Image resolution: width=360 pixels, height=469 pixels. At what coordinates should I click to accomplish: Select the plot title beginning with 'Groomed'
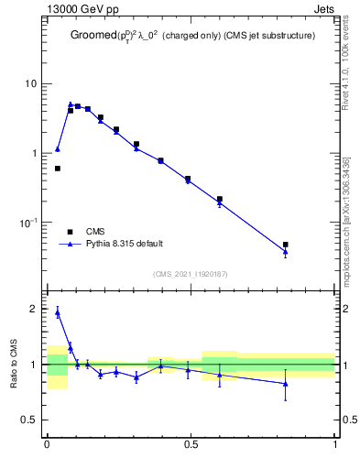pyautogui.click(x=194, y=37)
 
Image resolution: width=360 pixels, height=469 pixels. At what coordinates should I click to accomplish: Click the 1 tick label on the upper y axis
pyautogui.click(x=34, y=153)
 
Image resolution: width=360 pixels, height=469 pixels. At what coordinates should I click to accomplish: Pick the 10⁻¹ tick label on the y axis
pyautogui.click(x=29, y=223)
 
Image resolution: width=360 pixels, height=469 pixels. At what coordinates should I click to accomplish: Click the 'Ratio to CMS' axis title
pyautogui.click(x=14, y=365)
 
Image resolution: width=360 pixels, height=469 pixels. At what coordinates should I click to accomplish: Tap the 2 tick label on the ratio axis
pyautogui.click(x=35, y=309)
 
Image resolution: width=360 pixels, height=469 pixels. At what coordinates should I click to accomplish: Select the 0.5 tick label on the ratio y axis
pyautogui.click(x=30, y=420)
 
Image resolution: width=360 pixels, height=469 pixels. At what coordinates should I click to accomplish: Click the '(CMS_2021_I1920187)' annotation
pyautogui.click(x=191, y=273)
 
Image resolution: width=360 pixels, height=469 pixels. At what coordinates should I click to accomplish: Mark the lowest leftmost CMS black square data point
pyautogui.click(x=58, y=169)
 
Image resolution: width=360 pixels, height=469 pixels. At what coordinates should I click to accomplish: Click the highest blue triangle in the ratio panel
pyautogui.click(x=58, y=312)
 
